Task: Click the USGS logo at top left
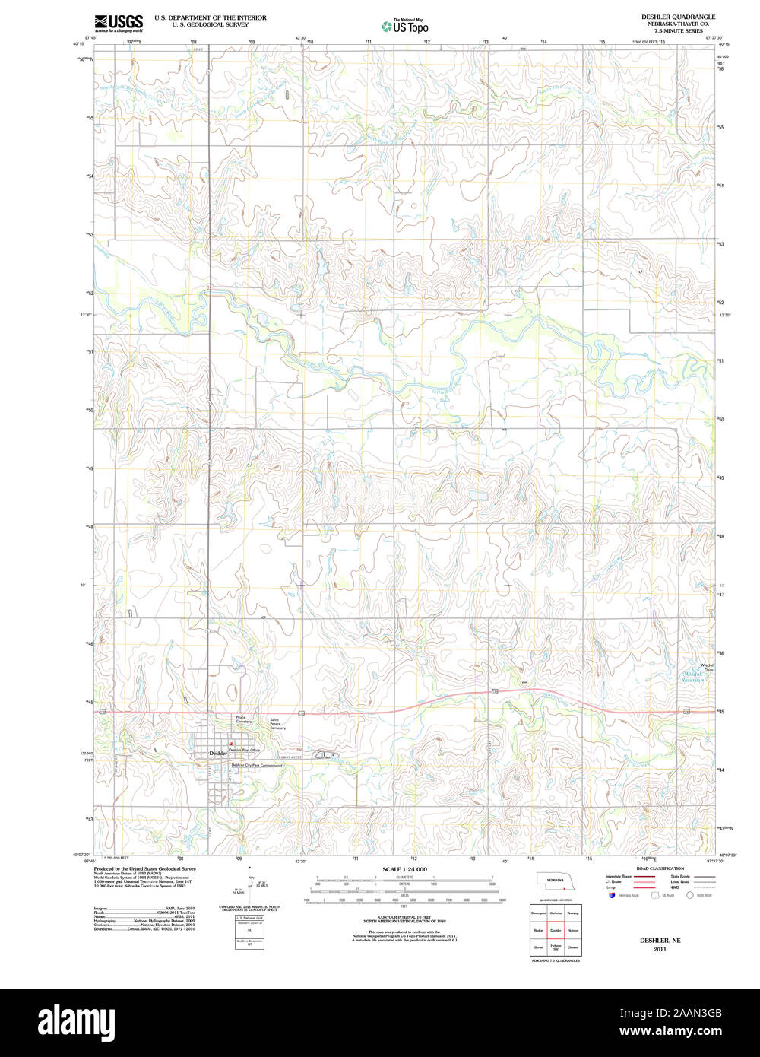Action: (x=119, y=23)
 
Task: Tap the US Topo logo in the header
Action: (x=405, y=27)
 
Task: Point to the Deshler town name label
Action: (x=219, y=753)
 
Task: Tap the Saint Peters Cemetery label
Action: (x=278, y=724)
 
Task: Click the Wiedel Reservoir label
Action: (x=692, y=677)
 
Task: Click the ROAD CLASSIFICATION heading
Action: (x=660, y=868)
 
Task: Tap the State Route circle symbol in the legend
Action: (x=691, y=896)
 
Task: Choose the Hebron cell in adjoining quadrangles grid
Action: (x=573, y=929)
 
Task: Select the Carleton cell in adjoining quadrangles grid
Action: (x=556, y=912)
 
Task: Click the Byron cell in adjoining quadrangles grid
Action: (x=538, y=947)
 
